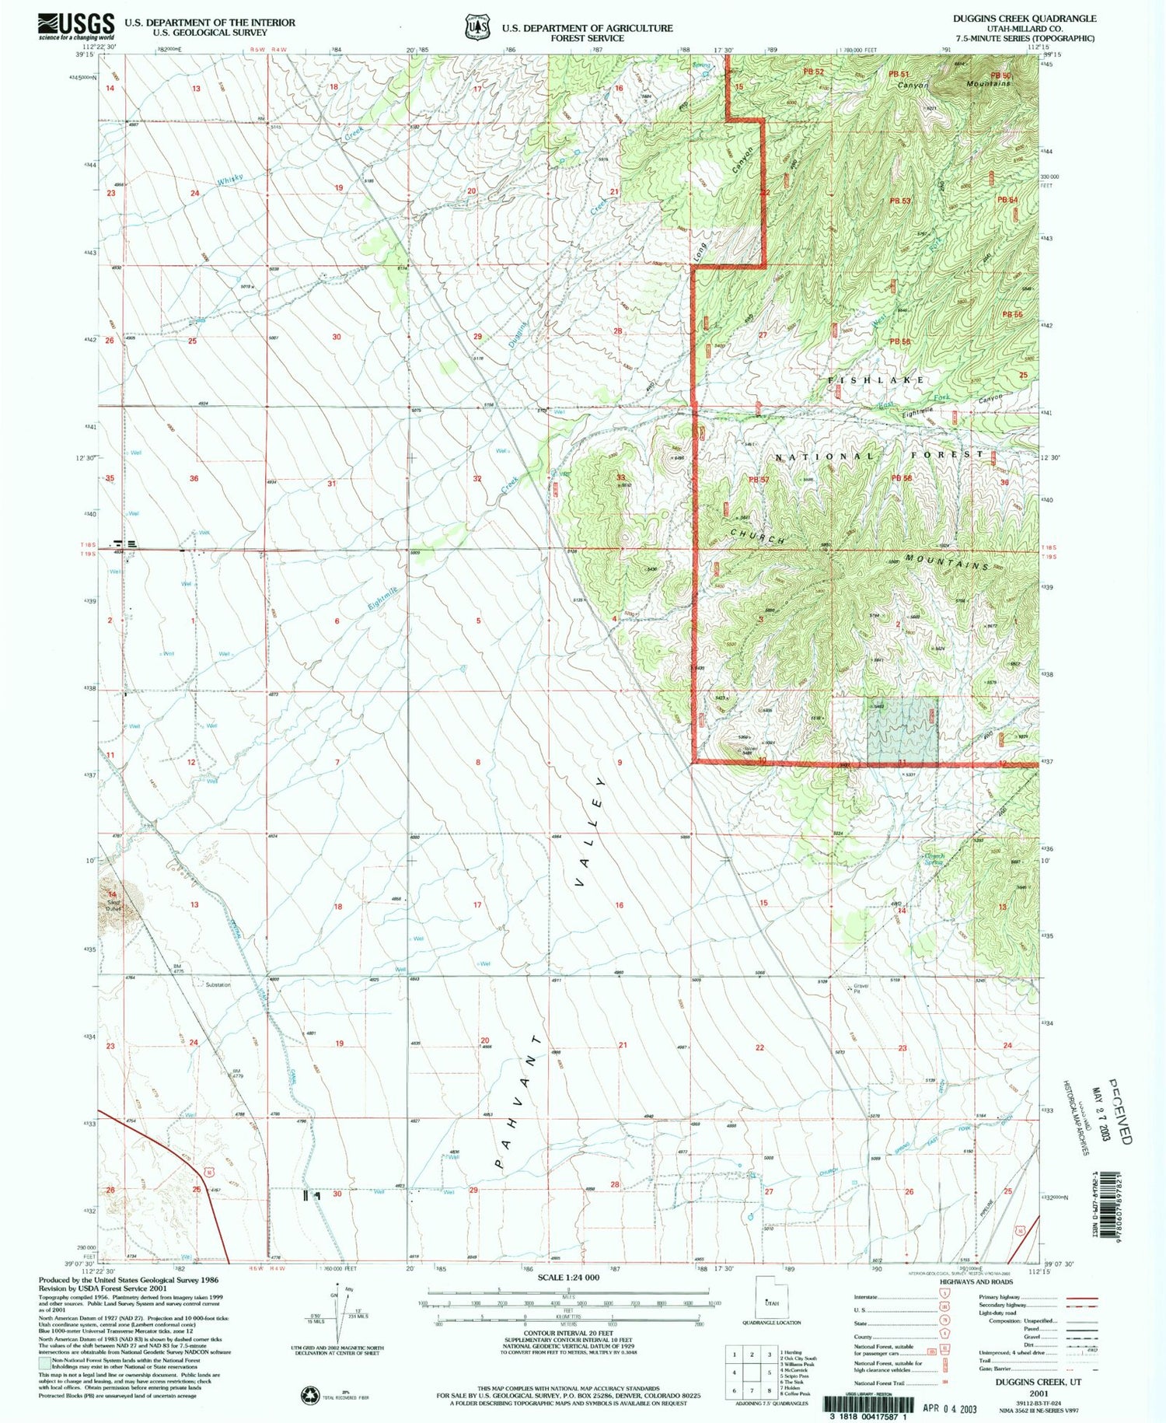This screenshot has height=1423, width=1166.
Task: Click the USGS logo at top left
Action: [x=76, y=26]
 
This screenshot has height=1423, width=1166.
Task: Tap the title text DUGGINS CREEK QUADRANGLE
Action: [x=1025, y=18]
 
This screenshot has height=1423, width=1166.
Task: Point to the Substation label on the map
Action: [x=218, y=985]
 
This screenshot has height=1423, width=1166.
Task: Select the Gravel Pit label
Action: [x=860, y=989]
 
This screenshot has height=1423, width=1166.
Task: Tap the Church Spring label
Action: [x=934, y=859]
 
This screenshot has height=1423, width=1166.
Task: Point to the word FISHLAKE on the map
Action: [x=877, y=379]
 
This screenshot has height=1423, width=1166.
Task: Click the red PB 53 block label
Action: [x=899, y=201]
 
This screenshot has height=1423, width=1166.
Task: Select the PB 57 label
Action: [x=758, y=479]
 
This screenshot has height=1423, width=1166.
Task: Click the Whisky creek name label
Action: [x=230, y=180]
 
